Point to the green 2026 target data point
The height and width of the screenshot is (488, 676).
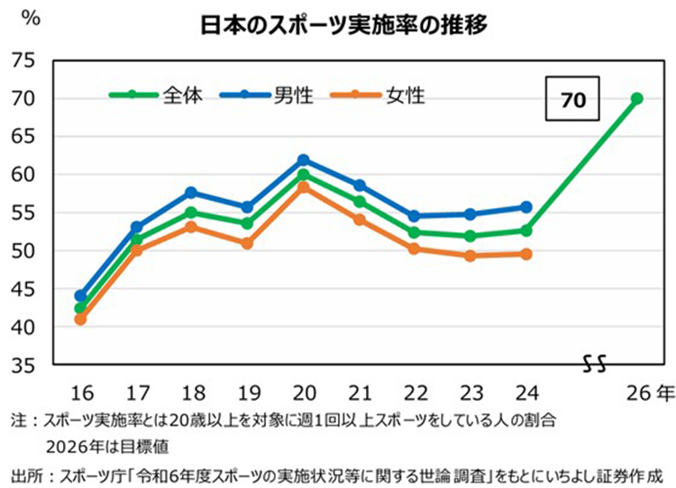click(x=637, y=99)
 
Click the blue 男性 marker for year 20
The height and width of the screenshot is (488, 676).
click(x=303, y=159)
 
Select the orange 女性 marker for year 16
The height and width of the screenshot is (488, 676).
click(x=79, y=319)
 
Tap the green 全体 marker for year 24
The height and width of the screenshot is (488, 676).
click(x=526, y=230)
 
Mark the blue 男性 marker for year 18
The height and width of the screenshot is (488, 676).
click(x=191, y=192)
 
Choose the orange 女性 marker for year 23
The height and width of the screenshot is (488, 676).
click(x=470, y=256)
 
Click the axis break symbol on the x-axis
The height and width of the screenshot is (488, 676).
click(x=594, y=365)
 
